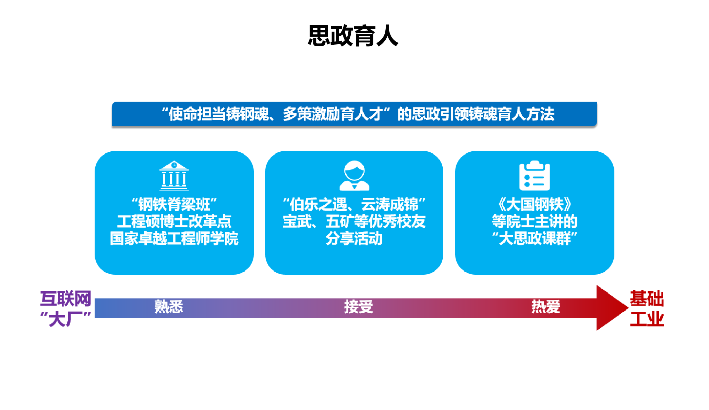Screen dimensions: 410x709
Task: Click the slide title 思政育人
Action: (x=353, y=36)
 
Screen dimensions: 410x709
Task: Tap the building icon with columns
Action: (x=174, y=176)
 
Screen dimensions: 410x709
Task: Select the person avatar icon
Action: (x=354, y=176)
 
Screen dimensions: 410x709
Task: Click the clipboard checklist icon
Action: (x=534, y=176)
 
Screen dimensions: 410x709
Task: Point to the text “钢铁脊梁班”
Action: (x=174, y=205)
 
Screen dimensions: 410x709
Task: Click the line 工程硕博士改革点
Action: (x=174, y=221)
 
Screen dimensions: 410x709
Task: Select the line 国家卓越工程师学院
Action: (x=174, y=239)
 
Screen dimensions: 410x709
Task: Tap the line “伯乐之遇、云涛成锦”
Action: (x=354, y=205)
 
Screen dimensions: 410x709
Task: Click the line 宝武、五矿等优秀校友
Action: (x=354, y=221)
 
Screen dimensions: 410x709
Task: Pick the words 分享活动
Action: (x=354, y=239)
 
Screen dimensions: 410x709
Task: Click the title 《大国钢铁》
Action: (x=534, y=205)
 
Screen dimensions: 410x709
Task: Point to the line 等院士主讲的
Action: (x=534, y=221)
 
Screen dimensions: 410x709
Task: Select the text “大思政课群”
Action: (x=534, y=239)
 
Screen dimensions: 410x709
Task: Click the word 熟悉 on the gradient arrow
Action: (x=169, y=307)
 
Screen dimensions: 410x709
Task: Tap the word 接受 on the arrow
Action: (x=358, y=307)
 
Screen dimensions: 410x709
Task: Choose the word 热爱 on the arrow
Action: (x=545, y=307)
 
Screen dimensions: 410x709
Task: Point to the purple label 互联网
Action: (x=65, y=298)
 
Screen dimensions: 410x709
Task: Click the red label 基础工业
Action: (x=647, y=308)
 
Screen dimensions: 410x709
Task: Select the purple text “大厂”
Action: (x=65, y=319)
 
